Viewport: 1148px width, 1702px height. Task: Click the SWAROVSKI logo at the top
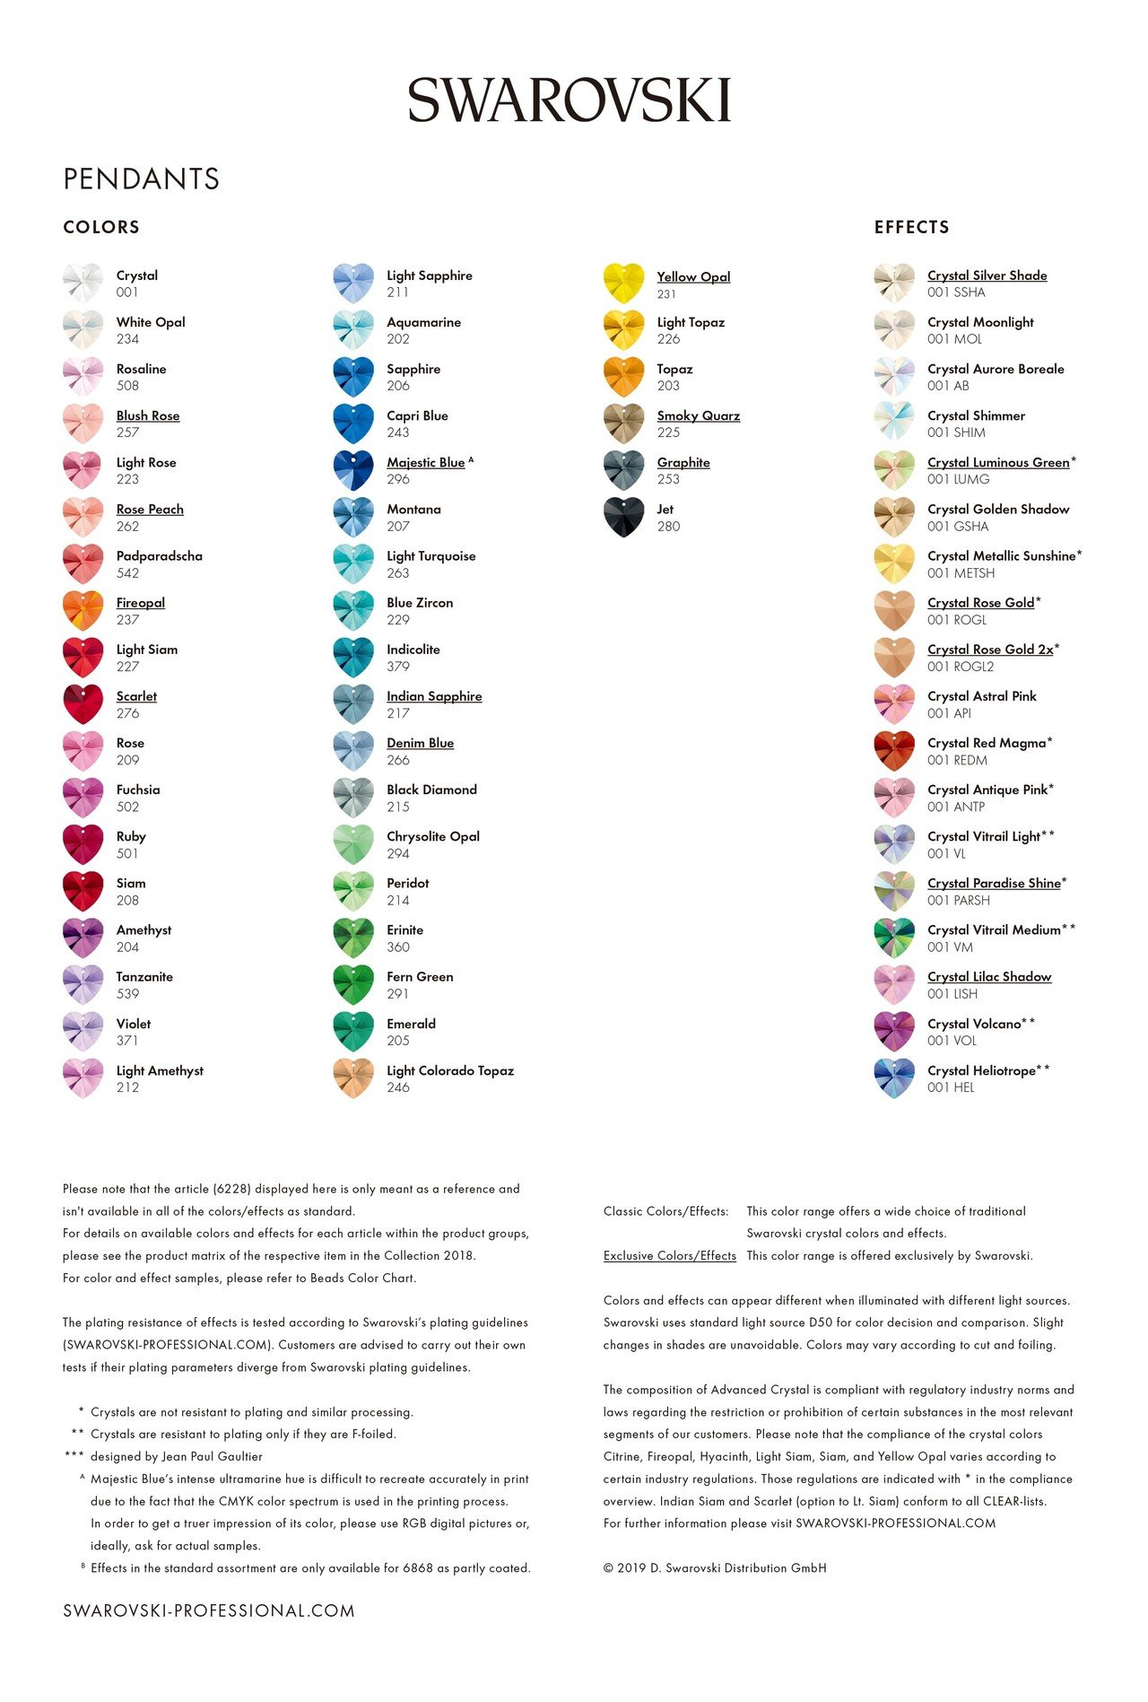click(x=570, y=100)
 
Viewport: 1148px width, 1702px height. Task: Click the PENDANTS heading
click(x=141, y=179)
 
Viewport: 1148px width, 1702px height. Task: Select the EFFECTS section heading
click(x=911, y=227)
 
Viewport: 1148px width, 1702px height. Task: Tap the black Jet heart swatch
click(x=623, y=517)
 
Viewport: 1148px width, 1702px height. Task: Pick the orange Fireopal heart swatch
click(x=83, y=610)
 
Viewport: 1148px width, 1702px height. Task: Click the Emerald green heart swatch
click(x=353, y=1031)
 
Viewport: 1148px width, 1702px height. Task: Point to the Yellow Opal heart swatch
click(x=623, y=283)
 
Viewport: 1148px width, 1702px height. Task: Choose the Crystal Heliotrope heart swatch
click(x=894, y=1078)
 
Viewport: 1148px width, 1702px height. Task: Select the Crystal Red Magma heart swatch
click(x=894, y=751)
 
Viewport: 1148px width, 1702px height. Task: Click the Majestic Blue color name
click(x=426, y=462)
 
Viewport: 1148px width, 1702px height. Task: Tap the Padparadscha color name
click(x=159, y=555)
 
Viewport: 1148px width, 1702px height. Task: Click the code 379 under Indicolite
click(x=398, y=667)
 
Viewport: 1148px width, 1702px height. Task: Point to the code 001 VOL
click(x=952, y=1041)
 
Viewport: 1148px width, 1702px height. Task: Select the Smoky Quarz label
click(x=698, y=415)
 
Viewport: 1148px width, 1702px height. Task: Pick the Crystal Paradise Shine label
click(x=994, y=883)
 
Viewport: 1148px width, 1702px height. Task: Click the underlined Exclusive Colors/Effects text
click(x=669, y=1255)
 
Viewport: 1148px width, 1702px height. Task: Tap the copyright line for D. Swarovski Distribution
click(x=715, y=1568)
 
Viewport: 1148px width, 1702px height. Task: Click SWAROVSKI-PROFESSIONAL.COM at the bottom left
click(x=209, y=1610)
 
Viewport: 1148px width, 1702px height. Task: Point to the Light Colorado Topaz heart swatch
click(x=353, y=1078)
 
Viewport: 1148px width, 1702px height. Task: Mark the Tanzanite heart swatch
click(x=83, y=984)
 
